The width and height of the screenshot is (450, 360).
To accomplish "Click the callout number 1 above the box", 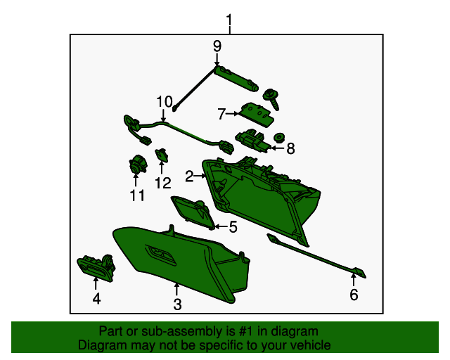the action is click(x=229, y=20).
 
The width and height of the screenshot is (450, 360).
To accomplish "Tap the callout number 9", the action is click(x=217, y=46).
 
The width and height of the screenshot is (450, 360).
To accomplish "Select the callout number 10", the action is click(x=165, y=102).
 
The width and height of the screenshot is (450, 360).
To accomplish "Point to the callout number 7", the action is click(x=221, y=114).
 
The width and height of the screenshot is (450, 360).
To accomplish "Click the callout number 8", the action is click(x=290, y=148).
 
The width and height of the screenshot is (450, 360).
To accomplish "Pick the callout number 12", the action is click(x=162, y=183).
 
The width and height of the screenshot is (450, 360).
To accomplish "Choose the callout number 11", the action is click(x=137, y=195).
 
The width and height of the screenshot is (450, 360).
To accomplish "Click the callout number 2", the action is click(x=189, y=176).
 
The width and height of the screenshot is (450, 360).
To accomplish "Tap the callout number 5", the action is click(x=233, y=227).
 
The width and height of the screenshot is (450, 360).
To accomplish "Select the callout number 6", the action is click(x=354, y=295).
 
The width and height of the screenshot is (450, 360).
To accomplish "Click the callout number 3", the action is click(x=177, y=304).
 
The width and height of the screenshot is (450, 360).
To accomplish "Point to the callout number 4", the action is click(x=97, y=299).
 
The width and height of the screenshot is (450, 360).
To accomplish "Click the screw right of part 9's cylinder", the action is click(x=272, y=98).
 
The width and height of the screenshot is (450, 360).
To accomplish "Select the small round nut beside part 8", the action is click(x=278, y=138).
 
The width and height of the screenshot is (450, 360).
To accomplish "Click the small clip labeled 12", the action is click(x=162, y=155).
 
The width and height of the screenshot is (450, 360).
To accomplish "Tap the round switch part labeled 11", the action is click(x=138, y=165).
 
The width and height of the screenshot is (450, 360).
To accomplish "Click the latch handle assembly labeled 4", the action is click(x=96, y=267).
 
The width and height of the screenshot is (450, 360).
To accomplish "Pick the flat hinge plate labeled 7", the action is click(x=257, y=115).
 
